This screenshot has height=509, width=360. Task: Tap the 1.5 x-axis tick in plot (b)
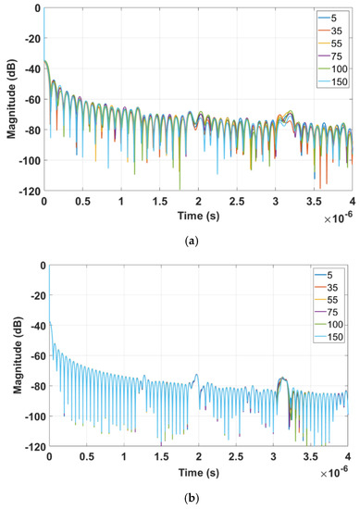pyautogui.click(x=161, y=456)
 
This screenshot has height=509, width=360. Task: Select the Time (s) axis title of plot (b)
pyautogui.click(x=197, y=469)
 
